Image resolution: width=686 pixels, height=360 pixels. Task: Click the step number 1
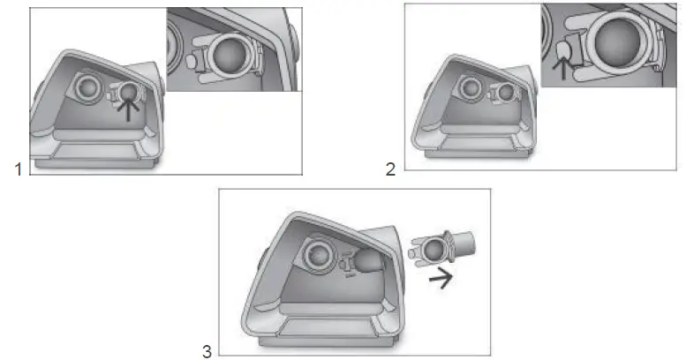(18, 169)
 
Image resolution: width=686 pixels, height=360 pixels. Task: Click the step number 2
(390, 169)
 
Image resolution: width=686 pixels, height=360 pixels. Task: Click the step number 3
(207, 351)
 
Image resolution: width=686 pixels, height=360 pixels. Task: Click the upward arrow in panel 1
(128, 109)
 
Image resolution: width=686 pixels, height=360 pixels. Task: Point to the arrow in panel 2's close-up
(562, 69)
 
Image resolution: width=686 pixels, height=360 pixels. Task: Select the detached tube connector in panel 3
(441, 249)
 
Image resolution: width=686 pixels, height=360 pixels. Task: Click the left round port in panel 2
(471, 87)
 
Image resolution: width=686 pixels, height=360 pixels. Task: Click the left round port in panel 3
(318, 254)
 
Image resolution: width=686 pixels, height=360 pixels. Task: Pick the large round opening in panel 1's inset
(228, 56)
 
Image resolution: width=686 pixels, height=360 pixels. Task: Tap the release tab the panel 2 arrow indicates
(566, 52)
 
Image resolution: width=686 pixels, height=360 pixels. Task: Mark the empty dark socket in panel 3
(366, 259)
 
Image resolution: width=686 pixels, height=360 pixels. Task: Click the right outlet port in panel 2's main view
(506, 93)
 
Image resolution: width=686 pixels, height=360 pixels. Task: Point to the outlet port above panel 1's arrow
(128, 92)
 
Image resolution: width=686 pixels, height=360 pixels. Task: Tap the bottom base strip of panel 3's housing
(332, 341)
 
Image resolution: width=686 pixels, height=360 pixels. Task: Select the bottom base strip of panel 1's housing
(94, 162)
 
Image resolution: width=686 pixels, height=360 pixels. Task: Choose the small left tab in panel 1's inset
(192, 60)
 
